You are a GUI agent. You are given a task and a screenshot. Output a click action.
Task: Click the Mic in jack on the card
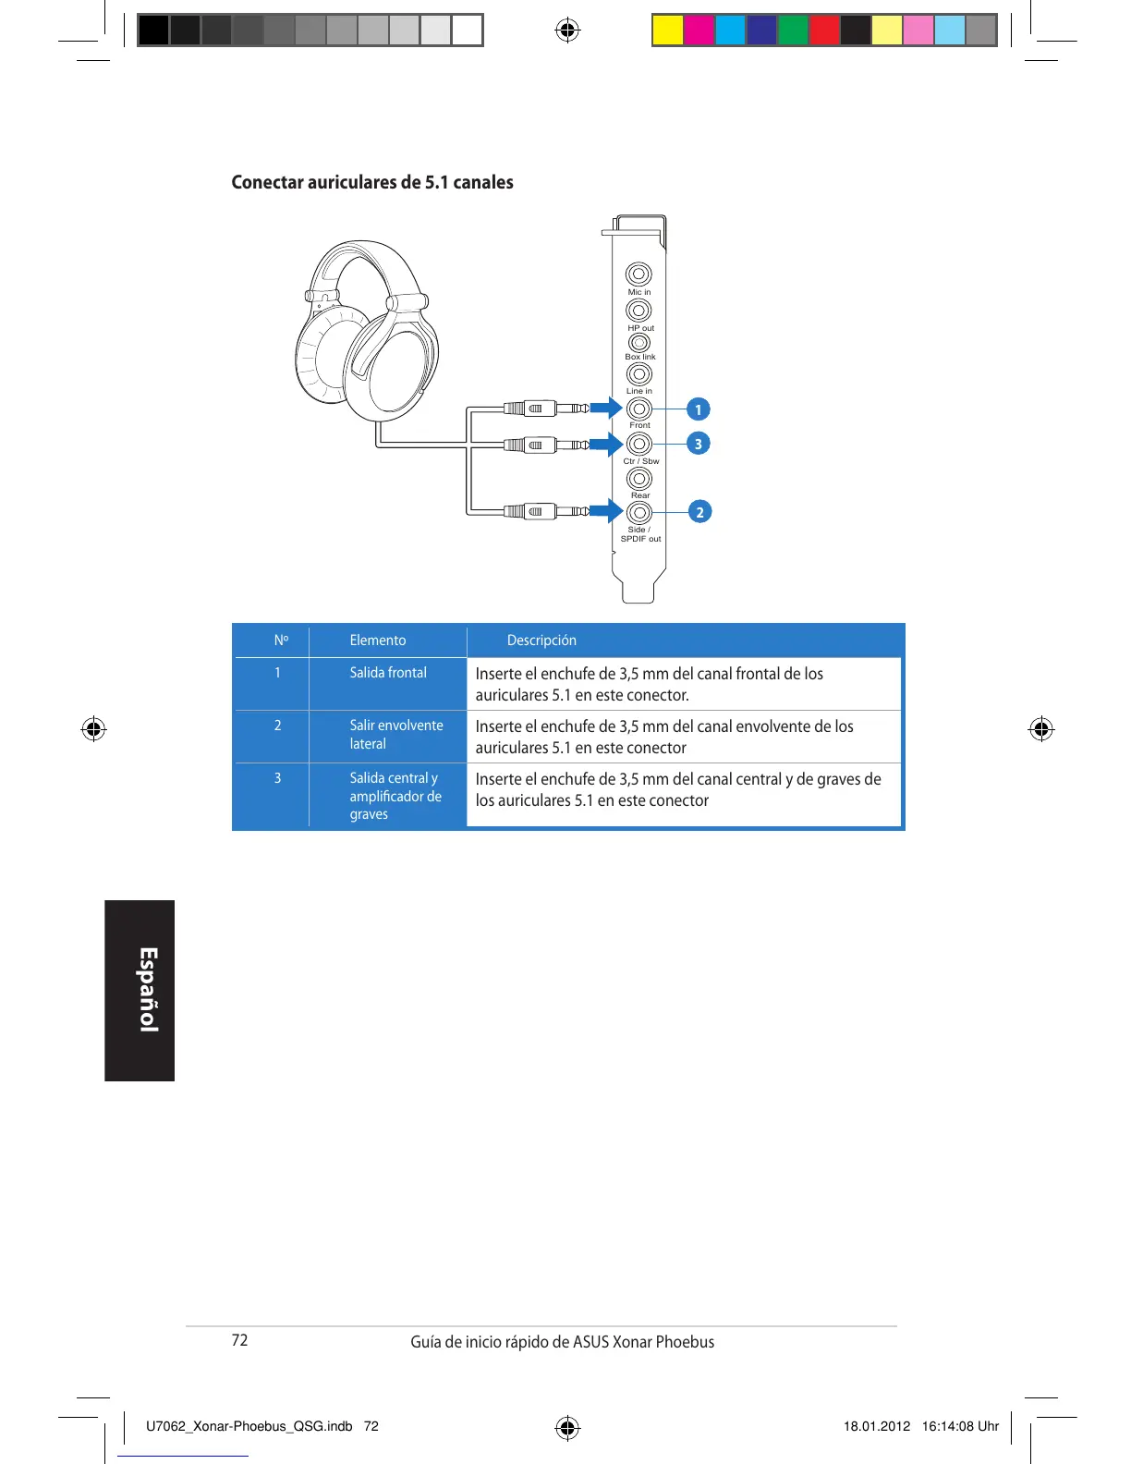click(638, 274)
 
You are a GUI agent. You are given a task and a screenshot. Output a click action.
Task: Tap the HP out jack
click(638, 311)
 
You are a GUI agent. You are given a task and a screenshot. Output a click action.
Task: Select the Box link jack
click(638, 343)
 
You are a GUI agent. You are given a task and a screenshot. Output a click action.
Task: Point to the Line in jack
click(638, 374)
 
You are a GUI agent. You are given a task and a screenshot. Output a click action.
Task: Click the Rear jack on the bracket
click(638, 479)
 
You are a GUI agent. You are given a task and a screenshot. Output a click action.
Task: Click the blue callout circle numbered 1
click(699, 409)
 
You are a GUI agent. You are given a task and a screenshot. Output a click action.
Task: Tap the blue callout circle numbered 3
click(699, 444)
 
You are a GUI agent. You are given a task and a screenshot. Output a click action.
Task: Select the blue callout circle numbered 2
click(699, 512)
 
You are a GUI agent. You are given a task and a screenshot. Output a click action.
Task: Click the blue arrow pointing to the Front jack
click(606, 409)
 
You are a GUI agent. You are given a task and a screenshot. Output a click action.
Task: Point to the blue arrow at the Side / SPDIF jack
click(606, 511)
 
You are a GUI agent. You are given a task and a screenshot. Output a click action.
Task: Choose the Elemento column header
click(377, 640)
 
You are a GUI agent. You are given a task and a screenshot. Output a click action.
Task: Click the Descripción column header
click(541, 640)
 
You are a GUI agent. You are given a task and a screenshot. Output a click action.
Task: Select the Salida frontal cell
click(388, 673)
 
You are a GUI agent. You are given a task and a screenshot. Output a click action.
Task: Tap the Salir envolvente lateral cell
click(395, 735)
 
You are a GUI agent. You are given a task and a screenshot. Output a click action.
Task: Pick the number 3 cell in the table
click(277, 778)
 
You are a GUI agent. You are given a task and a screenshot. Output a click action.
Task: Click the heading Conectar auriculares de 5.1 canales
click(372, 182)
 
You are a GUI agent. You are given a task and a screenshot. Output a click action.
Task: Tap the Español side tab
click(140, 990)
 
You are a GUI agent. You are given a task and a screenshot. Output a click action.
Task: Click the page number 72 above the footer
click(240, 1340)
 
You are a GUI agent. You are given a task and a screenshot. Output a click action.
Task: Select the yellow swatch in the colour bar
click(667, 30)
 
